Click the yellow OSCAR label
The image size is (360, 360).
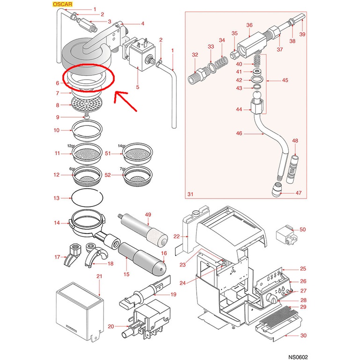[x=62, y=4]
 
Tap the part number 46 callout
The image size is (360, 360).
[x=239, y=133]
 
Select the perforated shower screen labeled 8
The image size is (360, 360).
[x=86, y=104]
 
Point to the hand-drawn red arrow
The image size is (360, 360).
[x=125, y=101]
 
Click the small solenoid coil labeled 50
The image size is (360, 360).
[x=287, y=235]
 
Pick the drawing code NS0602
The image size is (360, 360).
[x=298, y=357]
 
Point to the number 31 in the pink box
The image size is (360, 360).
[x=191, y=194]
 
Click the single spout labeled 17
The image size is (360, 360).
[x=72, y=255]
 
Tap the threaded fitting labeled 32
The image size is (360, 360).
[x=198, y=76]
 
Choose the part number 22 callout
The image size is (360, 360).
[x=176, y=236]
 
